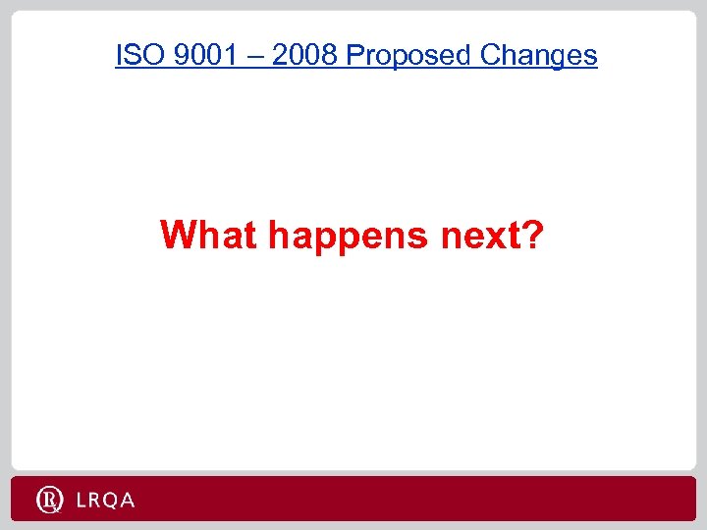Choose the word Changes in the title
coord(538,56)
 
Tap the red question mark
coord(529,236)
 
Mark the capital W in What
coord(181,236)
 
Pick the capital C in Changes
coord(491,56)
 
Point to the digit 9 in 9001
coord(179,56)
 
